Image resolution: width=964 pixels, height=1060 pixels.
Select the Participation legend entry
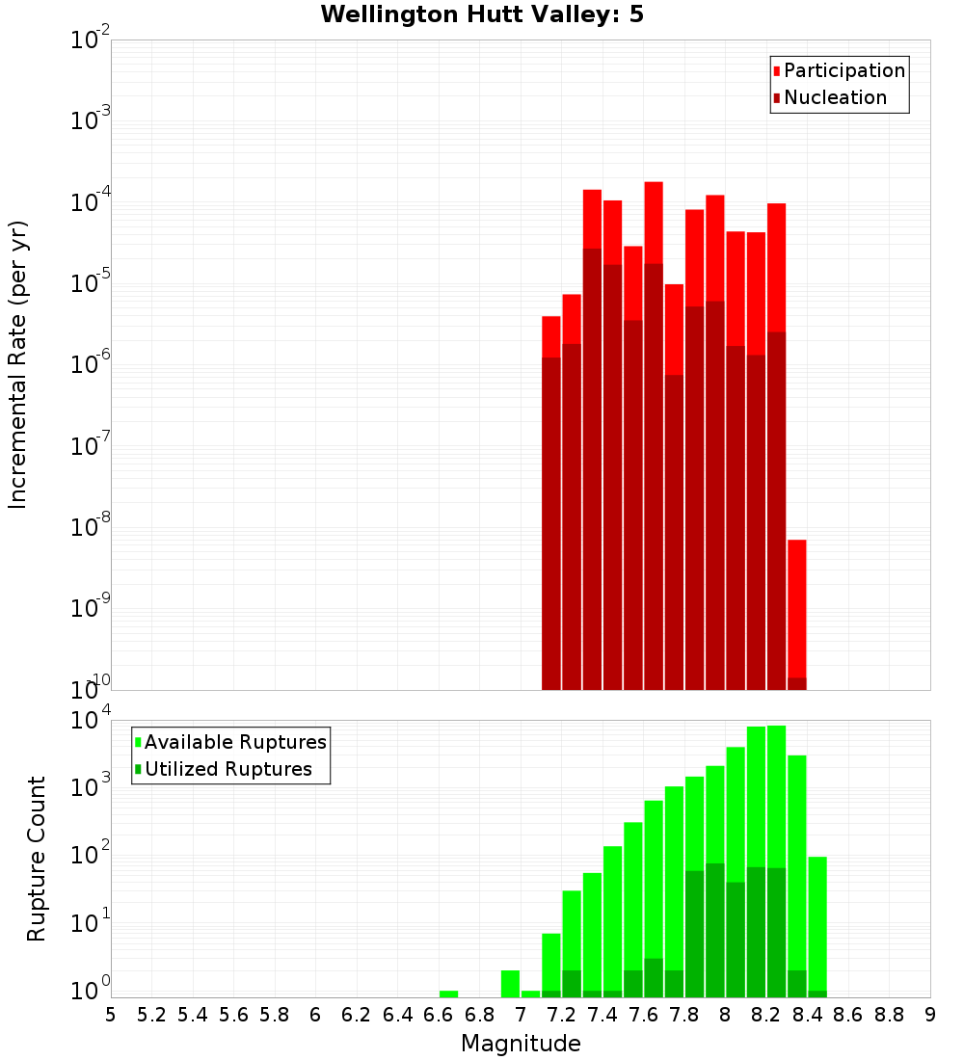843,70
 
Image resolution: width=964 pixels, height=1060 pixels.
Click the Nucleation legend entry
835,97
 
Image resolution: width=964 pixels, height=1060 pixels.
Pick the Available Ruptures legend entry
235,742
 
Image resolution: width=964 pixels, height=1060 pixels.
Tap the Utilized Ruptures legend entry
228,769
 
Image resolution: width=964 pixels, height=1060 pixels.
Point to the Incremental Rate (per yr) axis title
18,364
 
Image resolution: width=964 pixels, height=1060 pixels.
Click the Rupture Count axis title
37,859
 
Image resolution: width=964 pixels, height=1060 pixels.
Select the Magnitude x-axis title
521,1044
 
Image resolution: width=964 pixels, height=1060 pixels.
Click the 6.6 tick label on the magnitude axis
439,1015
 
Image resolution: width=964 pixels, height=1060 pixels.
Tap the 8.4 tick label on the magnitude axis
807,1015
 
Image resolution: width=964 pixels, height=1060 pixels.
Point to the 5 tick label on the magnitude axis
111,1015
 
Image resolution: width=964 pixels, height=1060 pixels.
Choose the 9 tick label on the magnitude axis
930,1015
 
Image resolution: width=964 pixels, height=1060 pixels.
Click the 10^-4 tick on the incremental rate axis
91,202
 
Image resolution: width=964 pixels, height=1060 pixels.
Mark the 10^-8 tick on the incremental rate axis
91,527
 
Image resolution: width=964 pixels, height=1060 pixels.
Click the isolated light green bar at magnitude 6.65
448,994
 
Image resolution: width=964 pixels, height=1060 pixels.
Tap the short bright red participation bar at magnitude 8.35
796,607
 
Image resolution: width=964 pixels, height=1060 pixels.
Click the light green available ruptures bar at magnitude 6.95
510,984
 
